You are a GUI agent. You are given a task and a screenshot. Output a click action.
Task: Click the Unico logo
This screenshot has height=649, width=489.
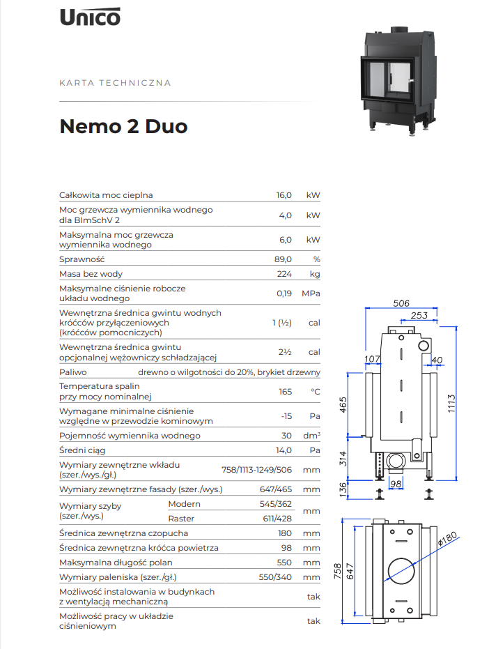point(90,17)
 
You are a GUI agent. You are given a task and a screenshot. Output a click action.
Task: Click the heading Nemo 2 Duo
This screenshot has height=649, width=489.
point(123,126)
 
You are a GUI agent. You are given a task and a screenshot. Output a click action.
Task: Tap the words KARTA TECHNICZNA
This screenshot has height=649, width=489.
point(115,83)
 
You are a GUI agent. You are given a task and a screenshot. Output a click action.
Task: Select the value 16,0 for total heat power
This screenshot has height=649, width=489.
point(284,195)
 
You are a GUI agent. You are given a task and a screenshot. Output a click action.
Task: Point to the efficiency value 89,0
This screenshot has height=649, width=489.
point(283,259)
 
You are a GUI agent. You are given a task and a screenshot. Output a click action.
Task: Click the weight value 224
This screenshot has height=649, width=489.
point(284,274)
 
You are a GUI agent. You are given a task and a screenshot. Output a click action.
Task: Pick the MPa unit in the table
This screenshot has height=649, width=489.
point(311,293)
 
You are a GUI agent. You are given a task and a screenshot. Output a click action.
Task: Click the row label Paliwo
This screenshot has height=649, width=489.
point(73,372)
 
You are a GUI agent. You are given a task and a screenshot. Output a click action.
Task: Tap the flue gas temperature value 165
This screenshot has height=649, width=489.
point(285,392)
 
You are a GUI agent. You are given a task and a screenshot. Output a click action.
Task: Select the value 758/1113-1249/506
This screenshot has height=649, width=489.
point(256,470)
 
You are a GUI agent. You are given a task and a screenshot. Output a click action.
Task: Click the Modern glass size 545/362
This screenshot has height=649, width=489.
point(276,504)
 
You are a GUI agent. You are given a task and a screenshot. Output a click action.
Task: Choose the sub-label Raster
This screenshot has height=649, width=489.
point(181,519)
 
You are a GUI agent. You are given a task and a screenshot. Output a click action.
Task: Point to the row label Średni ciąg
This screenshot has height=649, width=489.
point(82,450)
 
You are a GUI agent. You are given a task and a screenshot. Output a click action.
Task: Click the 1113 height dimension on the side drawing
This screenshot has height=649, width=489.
point(451,403)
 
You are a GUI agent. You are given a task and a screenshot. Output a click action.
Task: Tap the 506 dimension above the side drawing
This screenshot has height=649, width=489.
point(401,303)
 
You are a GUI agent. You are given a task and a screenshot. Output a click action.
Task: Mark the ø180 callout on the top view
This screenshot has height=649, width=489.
point(448,538)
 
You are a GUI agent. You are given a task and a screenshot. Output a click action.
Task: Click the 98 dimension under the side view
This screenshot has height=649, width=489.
point(396,484)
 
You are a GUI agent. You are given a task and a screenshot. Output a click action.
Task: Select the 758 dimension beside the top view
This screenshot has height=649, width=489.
point(338,571)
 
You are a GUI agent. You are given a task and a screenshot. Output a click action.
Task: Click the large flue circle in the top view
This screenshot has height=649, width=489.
point(401,571)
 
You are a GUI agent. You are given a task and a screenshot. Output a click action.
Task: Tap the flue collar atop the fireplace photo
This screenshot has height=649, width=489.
point(399,30)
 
